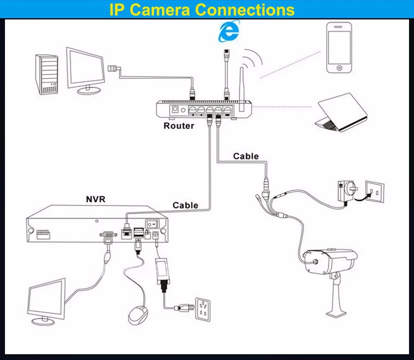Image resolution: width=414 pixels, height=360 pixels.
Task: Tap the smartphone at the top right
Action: (x=339, y=47)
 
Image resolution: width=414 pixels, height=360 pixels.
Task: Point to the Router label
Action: (x=178, y=126)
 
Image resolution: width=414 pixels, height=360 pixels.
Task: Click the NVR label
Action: (x=96, y=199)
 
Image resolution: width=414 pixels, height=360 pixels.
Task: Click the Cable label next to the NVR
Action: (x=185, y=205)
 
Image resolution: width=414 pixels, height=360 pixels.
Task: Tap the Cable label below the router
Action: (x=246, y=156)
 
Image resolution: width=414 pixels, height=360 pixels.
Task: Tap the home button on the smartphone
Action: (x=339, y=67)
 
